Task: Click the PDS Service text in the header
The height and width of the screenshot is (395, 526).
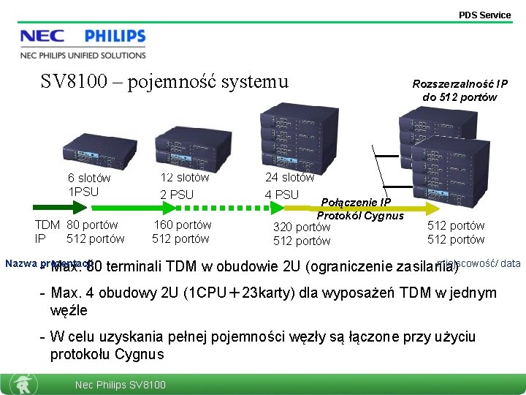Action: [x=484, y=15]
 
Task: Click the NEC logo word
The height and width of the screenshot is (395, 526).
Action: [x=42, y=37]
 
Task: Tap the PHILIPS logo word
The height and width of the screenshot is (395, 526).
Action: [x=115, y=37]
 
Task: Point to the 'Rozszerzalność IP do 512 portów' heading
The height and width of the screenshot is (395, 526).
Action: [x=460, y=91]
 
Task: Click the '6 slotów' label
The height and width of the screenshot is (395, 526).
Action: [x=89, y=178]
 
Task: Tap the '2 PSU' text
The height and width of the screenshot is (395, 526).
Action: [x=177, y=195]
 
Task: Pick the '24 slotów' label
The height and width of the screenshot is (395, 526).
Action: [x=289, y=177]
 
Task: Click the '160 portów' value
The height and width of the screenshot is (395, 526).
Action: [x=182, y=225]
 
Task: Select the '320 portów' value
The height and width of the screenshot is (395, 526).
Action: [x=302, y=227]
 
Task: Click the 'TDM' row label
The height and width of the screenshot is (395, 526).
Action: [x=47, y=225]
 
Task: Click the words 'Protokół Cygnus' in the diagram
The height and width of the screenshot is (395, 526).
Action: [x=359, y=215]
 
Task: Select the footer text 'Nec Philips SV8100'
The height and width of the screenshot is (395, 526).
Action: [x=121, y=385]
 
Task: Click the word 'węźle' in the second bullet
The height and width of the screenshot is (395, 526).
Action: [x=69, y=310]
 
